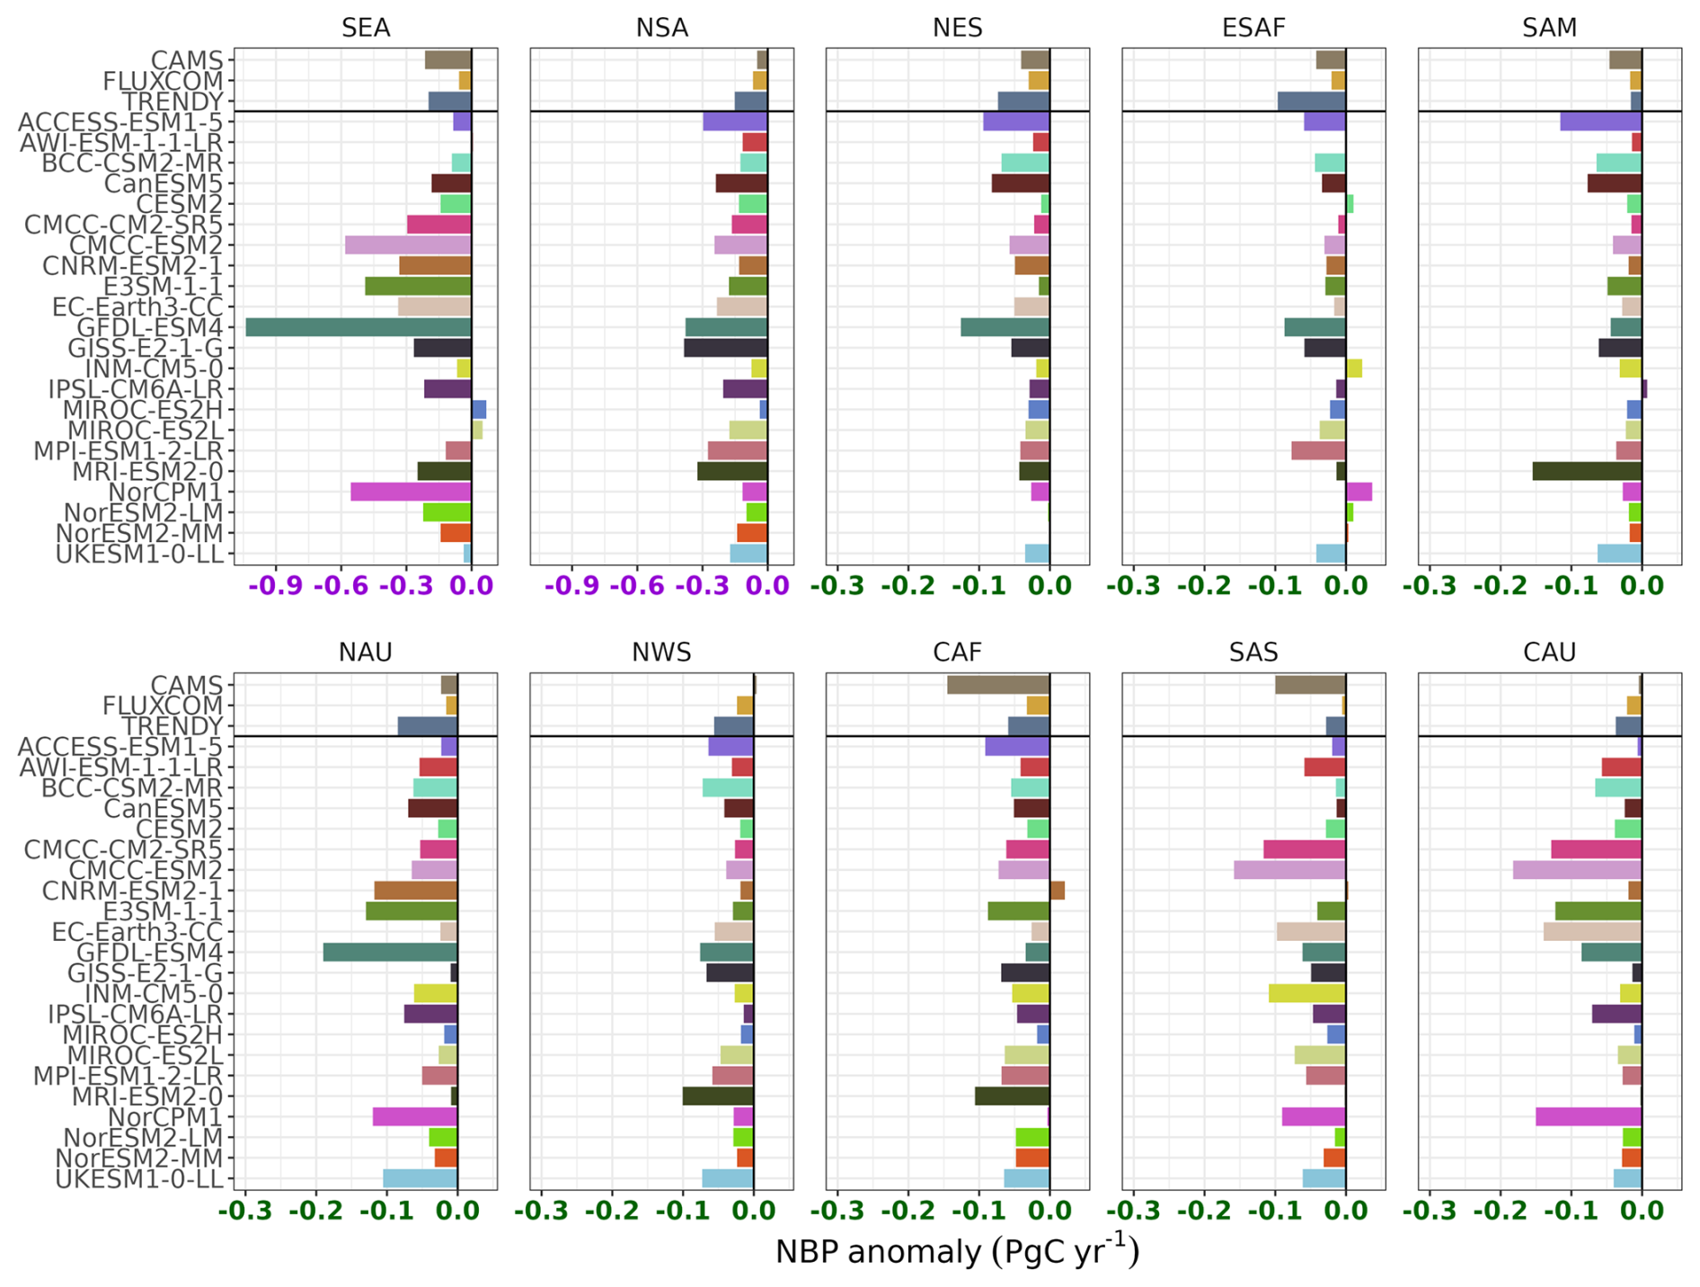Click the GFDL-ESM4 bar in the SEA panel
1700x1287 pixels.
pos(359,327)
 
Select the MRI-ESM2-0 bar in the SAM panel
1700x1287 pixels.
pos(1587,471)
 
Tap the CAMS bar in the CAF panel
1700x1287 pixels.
pos(998,685)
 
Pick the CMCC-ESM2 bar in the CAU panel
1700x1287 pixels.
pos(1577,870)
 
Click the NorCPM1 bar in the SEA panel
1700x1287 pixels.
pos(411,492)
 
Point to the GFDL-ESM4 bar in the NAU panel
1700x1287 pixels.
pos(390,952)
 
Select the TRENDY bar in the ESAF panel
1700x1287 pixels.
pos(1311,101)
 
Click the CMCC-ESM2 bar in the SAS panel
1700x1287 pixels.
pos(1289,870)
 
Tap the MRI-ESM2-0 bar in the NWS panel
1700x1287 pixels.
pos(718,1096)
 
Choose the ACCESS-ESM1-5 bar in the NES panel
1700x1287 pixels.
pos(1016,121)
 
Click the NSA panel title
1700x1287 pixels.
pos(662,28)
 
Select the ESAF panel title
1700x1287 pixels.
pos(1253,28)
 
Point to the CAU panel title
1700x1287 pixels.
pos(1549,652)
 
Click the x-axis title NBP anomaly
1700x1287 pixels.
pos(957,1252)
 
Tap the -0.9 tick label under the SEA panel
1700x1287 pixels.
pos(276,586)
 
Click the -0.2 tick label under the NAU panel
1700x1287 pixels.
pos(315,1211)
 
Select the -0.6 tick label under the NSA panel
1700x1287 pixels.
pos(636,586)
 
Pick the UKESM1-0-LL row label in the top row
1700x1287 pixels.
pos(139,554)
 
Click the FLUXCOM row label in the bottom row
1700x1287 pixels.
pos(163,706)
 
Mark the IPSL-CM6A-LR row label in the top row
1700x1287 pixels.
pos(136,389)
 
